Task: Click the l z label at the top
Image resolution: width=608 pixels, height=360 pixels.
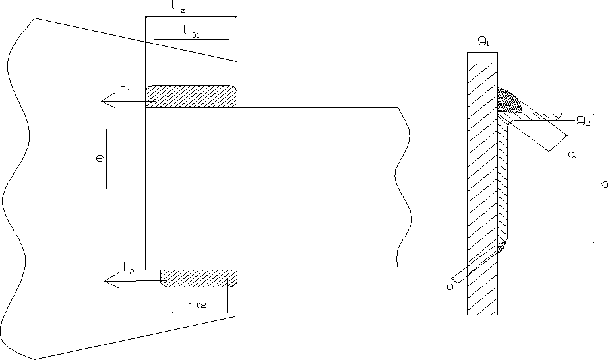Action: pos(177,7)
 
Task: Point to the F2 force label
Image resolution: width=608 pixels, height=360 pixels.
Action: pos(129,268)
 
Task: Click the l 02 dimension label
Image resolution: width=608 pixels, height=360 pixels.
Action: pos(196,303)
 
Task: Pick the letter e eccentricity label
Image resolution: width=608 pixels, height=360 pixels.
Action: pos(99,158)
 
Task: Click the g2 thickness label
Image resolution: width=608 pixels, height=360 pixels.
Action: pos(582,120)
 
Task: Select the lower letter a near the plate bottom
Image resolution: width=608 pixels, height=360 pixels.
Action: pos(450,285)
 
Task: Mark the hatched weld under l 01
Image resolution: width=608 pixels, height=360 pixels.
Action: pos(191,96)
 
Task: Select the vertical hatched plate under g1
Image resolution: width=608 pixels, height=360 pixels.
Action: pos(481,198)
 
